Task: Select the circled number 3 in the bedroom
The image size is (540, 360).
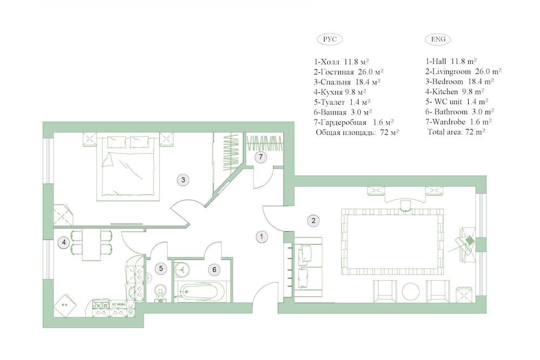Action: pos(184,180)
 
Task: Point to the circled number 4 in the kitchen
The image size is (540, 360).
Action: pos(64,242)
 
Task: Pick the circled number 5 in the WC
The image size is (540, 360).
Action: pos(160,268)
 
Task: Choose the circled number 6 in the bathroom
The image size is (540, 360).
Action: pos(214,269)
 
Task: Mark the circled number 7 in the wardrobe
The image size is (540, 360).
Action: pos(261,157)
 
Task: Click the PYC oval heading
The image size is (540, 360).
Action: pos(329,40)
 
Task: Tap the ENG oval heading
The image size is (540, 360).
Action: pos(438,40)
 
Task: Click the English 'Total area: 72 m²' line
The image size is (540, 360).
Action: pos(456,131)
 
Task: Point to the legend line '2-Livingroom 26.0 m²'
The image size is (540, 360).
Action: pos(463,71)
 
